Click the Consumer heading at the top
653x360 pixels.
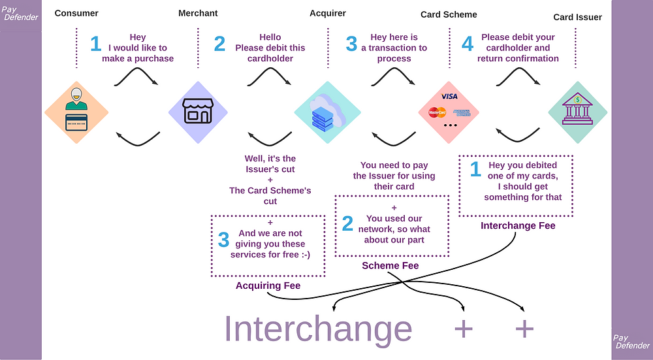[x=76, y=14]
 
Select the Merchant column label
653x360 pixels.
[x=198, y=14]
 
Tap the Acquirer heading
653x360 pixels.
[x=328, y=14]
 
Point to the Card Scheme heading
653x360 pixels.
[x=449, y=15]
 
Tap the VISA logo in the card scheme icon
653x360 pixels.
[x=449, y=97]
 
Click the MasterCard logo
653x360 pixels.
[x=437, y=112]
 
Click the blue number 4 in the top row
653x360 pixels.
[x=468, y=44]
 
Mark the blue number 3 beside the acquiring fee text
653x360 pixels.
[x=224, y=239]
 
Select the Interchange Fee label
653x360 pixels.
[x=518, y=226]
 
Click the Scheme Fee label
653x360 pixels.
[x=390, y=266]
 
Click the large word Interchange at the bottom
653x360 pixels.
[x=318, y=329]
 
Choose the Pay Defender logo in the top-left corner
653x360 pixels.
[x=20, y=13]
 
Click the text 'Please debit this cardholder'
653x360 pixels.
[x=270, y=48]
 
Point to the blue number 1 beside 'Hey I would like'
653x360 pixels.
[x=96, y=44]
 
